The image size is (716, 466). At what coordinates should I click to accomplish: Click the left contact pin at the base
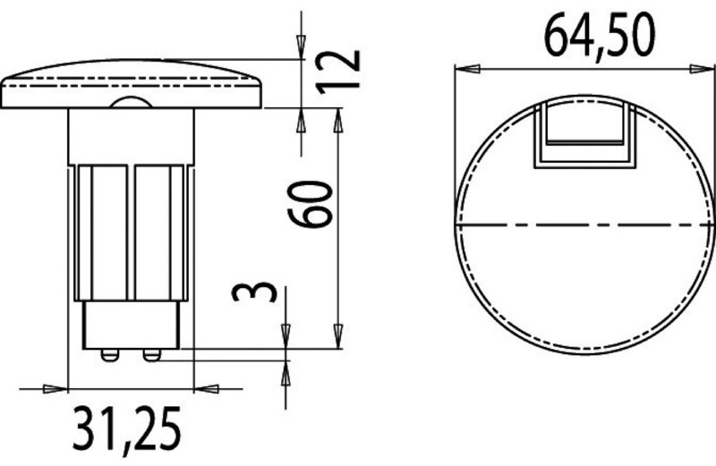coord(109,355)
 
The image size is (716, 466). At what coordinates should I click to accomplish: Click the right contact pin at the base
coord(152,355)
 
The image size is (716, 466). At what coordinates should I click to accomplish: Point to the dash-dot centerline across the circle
coord(585,223)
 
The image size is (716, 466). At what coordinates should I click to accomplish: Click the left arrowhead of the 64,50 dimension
coord(464,67)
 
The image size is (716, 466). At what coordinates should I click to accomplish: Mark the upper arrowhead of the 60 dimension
coord(339,117)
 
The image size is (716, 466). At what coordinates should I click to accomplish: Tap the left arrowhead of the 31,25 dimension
coord(59,388)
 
